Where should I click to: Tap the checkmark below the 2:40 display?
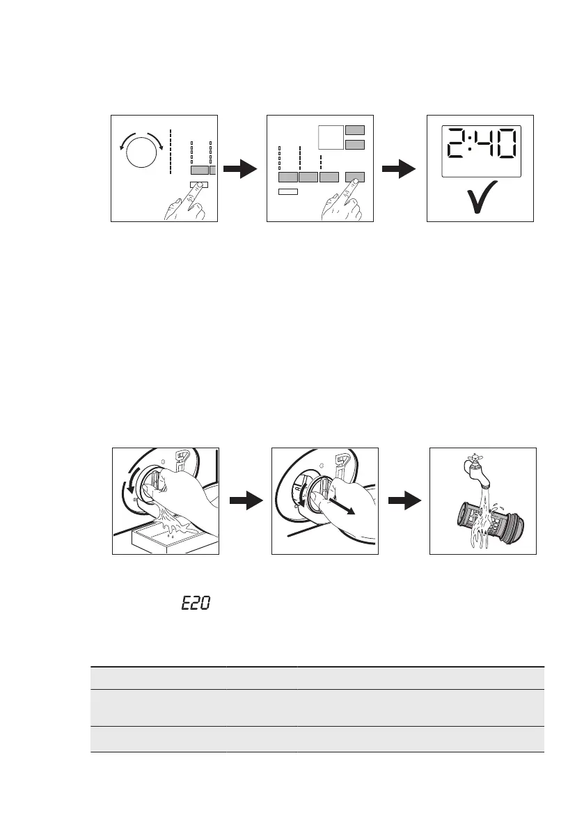[480, 198]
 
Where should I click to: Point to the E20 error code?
[196, 603]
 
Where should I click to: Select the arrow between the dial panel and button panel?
[242, 169]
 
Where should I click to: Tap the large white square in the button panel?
[331, 137]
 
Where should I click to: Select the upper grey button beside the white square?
[355, 129]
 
